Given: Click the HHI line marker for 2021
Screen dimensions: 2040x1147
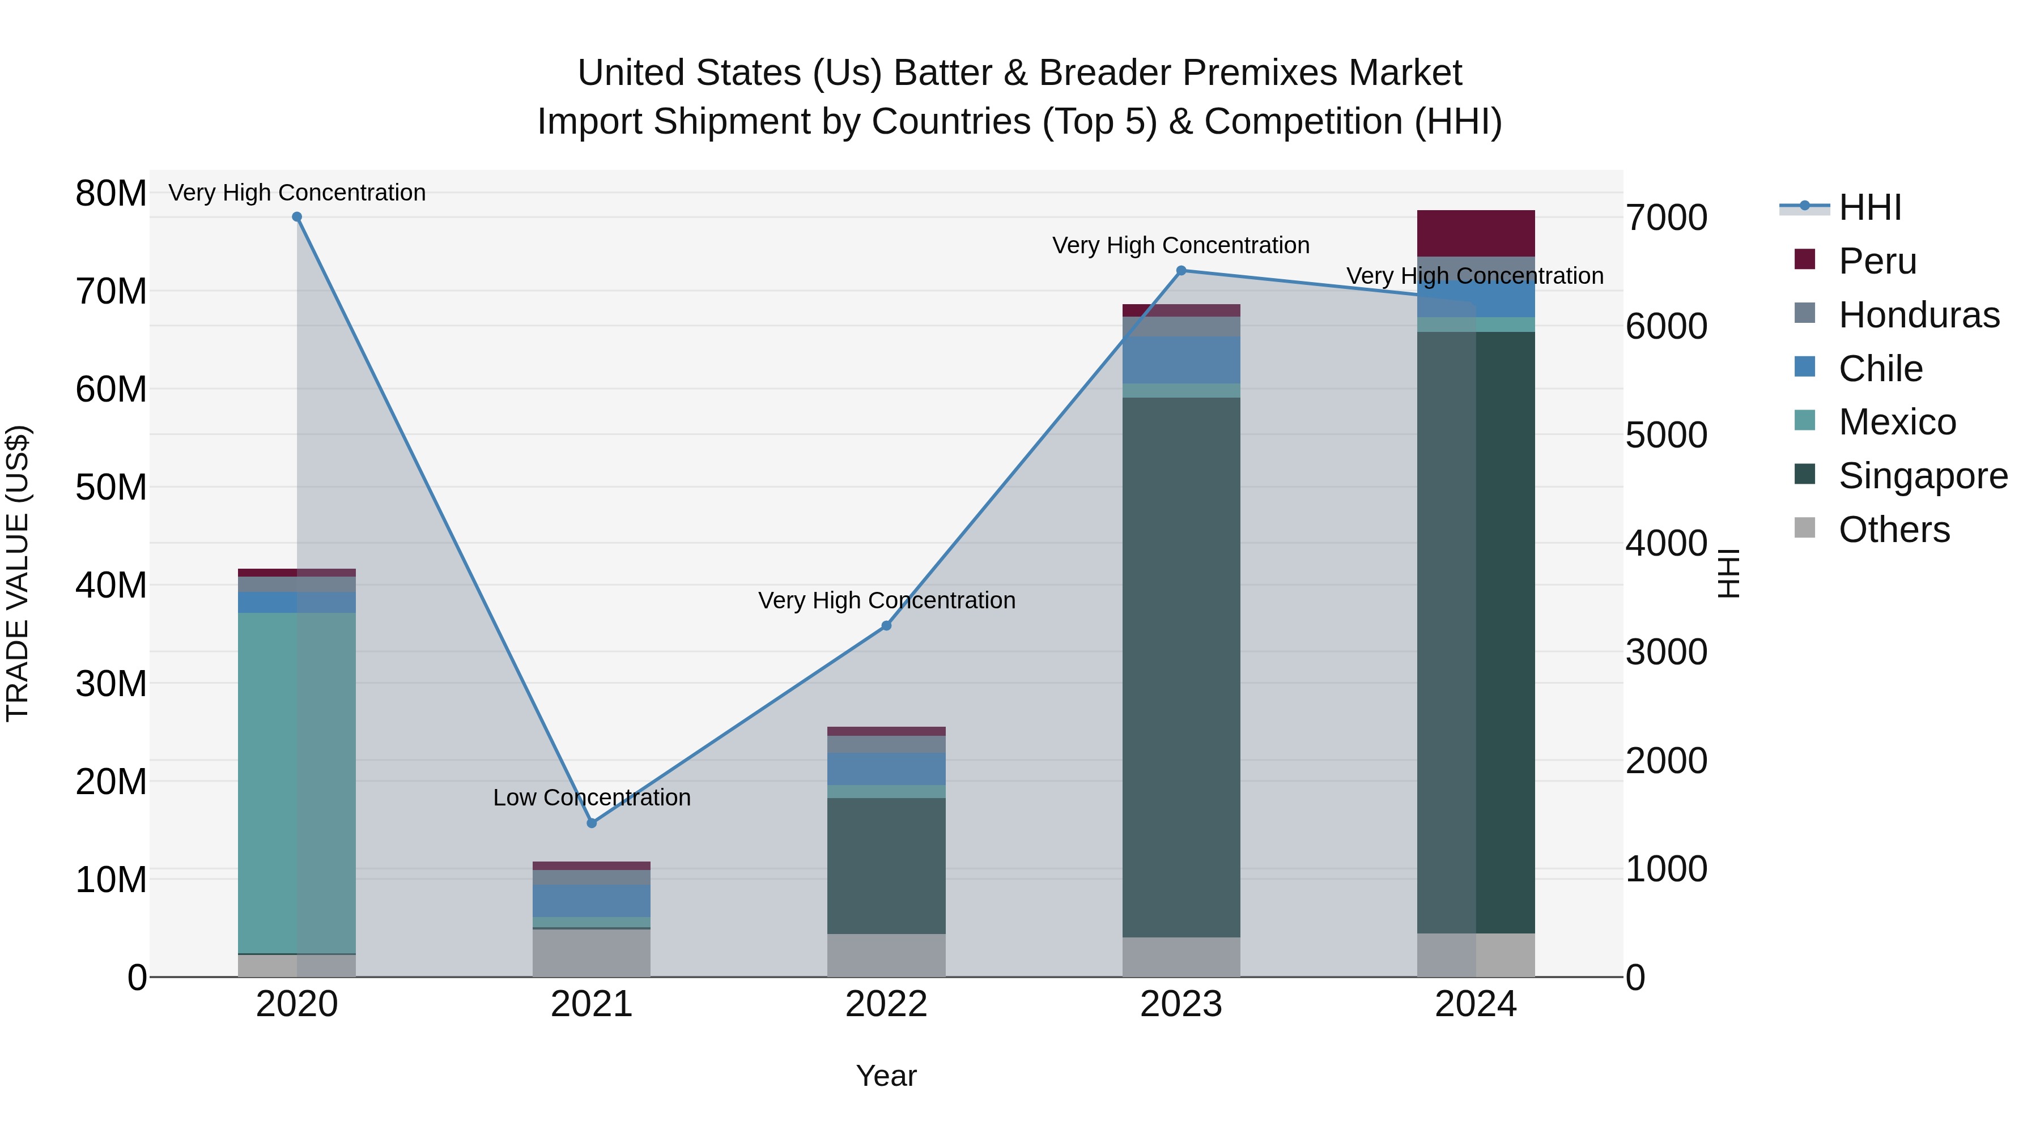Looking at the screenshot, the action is tap(592, 823).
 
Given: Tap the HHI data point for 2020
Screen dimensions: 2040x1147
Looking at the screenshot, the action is tap(297, 217).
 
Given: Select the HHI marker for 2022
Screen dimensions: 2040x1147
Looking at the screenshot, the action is tap(886, 625).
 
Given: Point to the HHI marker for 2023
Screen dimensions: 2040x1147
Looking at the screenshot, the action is tap(1181, 271).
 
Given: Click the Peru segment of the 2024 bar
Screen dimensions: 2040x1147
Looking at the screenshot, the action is tap(1476, 233).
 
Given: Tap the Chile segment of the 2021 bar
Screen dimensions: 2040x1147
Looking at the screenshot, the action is tap(592, 901).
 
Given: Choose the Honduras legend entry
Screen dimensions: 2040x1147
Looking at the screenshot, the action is tap(1918, 315).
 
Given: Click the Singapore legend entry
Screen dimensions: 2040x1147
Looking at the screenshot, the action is tap(1922, 476).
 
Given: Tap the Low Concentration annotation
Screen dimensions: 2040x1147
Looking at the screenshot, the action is tap(592, 797).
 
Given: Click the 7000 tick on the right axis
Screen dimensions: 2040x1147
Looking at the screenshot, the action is tap(1666, 218).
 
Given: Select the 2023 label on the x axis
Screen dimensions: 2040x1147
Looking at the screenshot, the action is tap(1181, 1004).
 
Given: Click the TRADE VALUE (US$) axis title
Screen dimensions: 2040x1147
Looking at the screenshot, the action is tap(18, 573).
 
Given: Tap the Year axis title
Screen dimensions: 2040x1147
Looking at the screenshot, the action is tap(886, 1076).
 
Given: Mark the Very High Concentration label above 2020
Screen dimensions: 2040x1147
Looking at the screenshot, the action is tap(297, 193).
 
